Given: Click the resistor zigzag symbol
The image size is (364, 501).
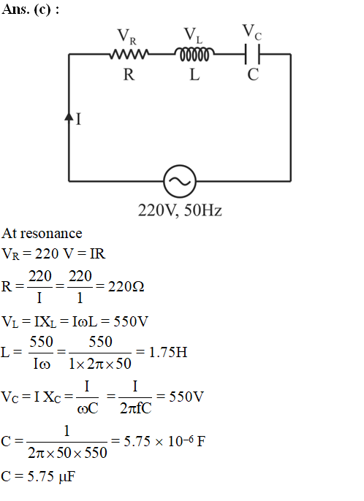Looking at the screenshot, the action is (x=129, y=54).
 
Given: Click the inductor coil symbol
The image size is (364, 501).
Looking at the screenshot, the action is (x=194, y=54).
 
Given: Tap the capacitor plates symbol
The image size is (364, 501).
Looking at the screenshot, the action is (x=252, y=54).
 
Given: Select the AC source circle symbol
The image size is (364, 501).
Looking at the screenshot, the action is (x=180, y=181).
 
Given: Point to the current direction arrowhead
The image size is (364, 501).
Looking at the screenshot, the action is (x=69, y=116).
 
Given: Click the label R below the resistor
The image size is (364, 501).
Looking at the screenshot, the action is (x=129, y=74).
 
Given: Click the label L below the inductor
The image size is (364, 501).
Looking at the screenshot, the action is (x=194, y=74).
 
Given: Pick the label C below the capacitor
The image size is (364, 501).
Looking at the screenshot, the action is (x=253, y=74).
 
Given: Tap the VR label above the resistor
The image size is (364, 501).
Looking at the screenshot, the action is (x=127, y=37).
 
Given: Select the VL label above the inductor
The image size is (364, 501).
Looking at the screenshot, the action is (x=193, y=35).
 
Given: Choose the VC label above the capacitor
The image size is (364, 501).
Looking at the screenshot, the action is (x=252, y=32).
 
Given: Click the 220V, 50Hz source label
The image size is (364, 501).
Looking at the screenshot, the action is (x=180, y=210).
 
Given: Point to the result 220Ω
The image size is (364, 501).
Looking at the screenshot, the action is (x=126, y=286).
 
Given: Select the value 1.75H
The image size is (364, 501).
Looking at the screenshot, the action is (x=168, y=352).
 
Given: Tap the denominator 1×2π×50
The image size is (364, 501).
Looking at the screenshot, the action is (x=100, y=364).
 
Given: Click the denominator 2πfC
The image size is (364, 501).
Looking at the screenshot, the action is (x=136, y=408).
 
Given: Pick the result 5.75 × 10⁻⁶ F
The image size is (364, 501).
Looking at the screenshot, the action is (x=164, y=441).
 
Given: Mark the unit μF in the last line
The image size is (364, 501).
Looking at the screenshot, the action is (x=67, y=477).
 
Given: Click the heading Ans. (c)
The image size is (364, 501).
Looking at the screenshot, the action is (x=30, y=9).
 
